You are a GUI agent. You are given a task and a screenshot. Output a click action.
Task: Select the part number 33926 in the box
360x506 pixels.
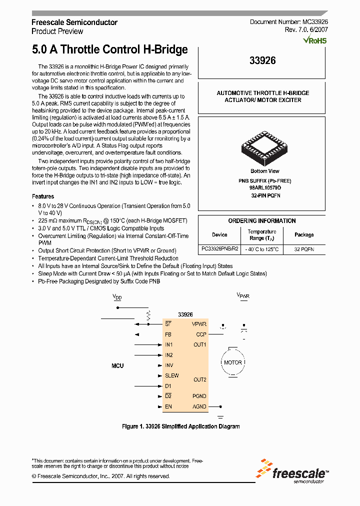click(262, 61)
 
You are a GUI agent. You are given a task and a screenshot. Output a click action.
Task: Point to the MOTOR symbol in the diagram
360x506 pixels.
click(232, 362)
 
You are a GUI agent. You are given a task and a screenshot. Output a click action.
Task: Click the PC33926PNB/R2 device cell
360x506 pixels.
click(219, 249)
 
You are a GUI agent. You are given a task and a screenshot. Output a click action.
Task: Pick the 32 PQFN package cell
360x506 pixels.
click(304, 249)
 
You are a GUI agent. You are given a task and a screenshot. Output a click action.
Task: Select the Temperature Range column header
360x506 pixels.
click(262, 234)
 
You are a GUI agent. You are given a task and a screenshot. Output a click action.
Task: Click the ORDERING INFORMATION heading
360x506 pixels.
click(262, 220)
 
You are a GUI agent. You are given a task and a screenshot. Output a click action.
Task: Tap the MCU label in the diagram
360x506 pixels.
click(117, 366)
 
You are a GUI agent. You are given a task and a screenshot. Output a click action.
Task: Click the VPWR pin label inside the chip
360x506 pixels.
click(199, 324)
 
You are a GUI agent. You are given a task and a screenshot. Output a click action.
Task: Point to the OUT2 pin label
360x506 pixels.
click(200, 379)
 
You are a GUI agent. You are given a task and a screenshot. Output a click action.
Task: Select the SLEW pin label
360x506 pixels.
click(171, 375)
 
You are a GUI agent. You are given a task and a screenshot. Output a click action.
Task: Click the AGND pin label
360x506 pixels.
click(199, 406)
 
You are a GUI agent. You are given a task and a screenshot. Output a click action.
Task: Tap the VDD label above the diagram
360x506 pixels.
click(117, 297)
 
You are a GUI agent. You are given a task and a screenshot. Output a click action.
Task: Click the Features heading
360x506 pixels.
click(43, 196)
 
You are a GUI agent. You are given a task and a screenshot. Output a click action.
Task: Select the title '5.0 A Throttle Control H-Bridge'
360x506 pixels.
click(109, 49)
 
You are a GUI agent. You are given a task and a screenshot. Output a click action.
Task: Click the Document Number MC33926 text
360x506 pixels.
click(288, 22)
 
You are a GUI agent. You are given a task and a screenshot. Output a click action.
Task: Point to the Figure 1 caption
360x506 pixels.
click(181, 426)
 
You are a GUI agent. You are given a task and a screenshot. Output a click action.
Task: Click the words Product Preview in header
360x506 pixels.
click(57, 31)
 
